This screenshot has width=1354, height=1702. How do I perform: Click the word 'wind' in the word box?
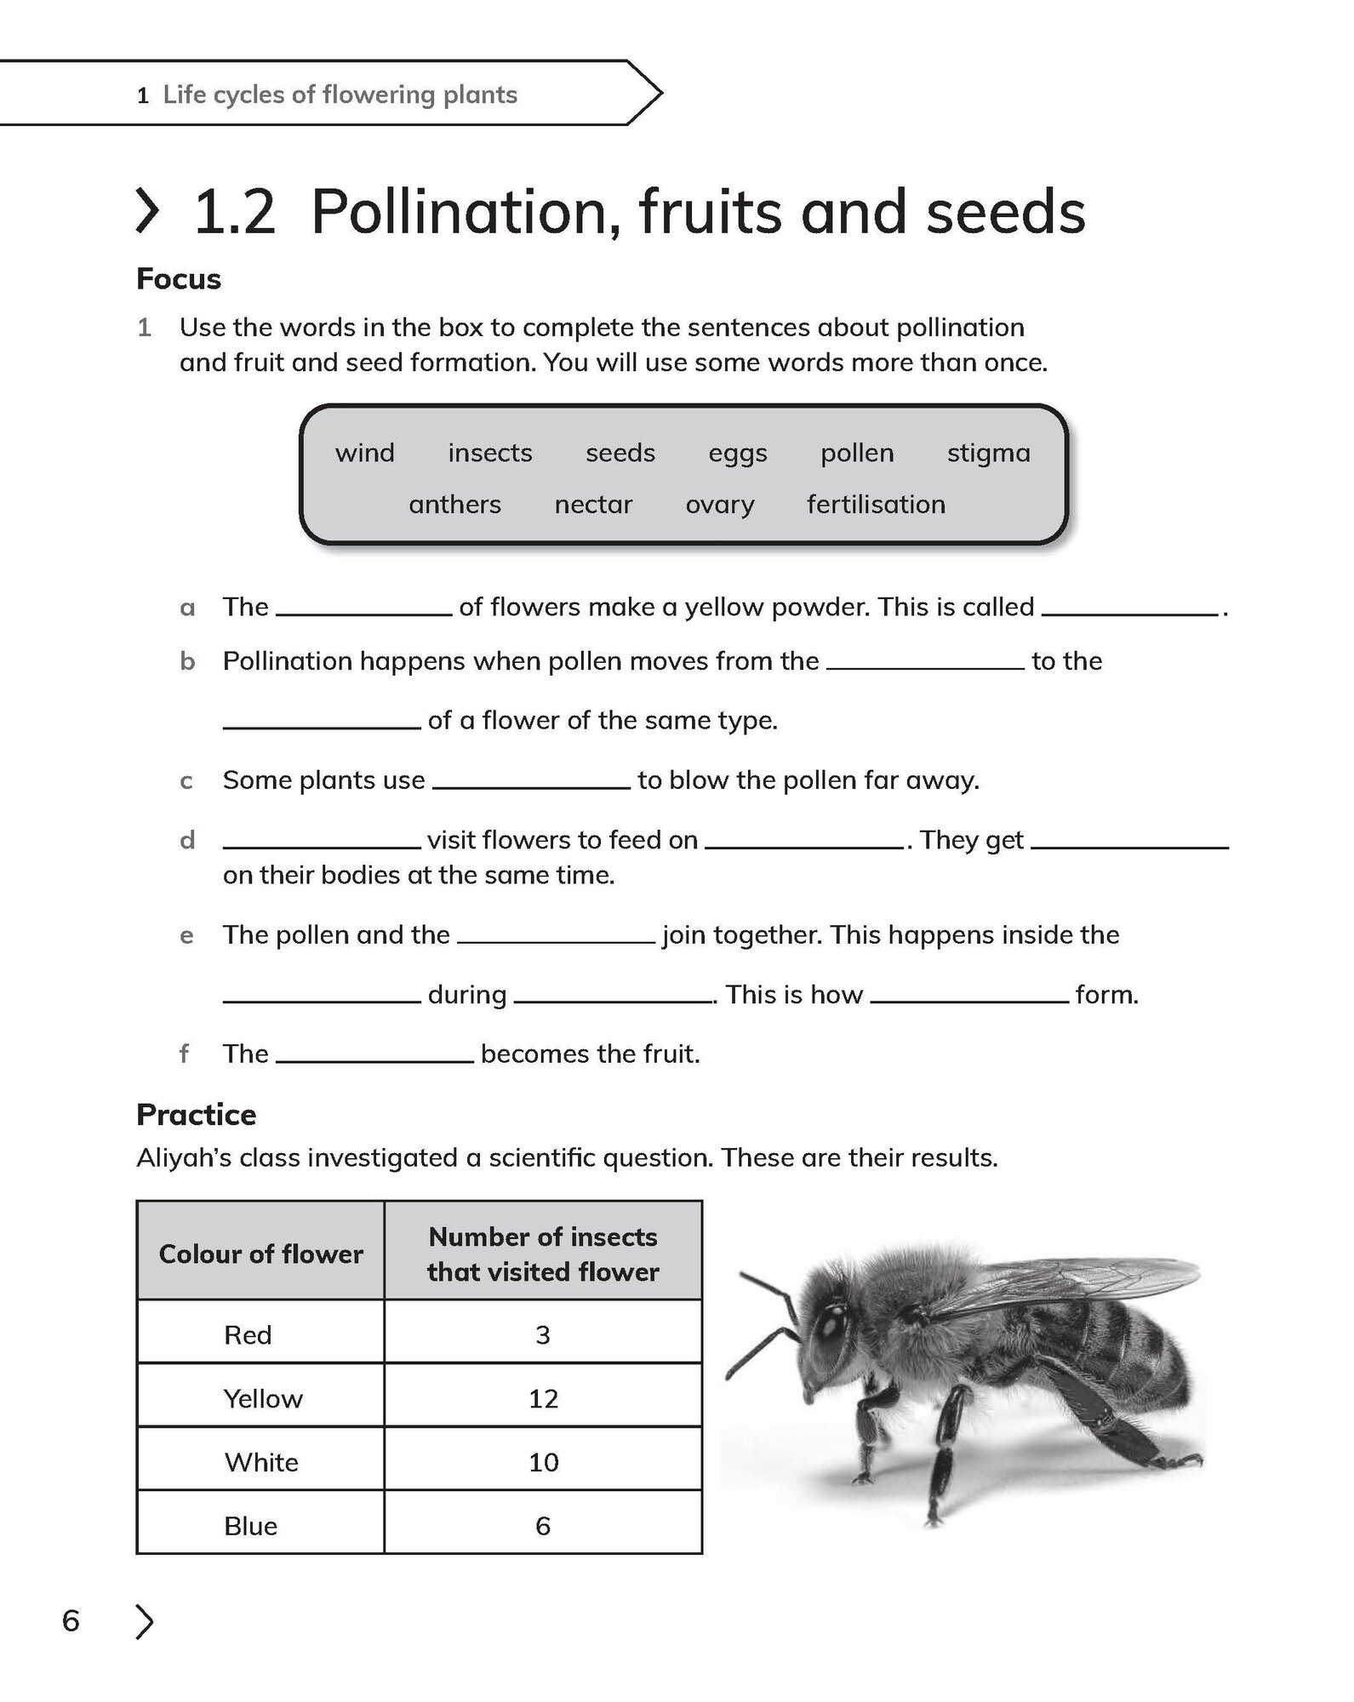[x=364, y=453]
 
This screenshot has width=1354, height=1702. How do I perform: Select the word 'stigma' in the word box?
[x=988, y=453]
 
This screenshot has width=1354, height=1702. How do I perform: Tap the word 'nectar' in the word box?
[x=593, y=505]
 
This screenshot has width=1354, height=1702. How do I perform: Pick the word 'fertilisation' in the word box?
[x=876, y=505]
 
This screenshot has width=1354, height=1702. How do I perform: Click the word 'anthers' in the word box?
[x=454, y=505]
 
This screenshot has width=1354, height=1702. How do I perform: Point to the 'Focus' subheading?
[x=179, y=279]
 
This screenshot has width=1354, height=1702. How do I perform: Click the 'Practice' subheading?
[x=196, y=1114]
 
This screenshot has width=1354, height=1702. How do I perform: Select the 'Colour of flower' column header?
[x=260, y=1254]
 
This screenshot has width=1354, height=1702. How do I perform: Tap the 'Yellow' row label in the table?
[x=263, y=1398]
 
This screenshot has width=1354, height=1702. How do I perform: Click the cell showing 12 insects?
[x=543, y=1398]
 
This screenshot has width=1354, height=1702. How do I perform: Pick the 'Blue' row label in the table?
[x=250, y=1526]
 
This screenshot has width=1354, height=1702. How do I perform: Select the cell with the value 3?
[x=543, y=1334]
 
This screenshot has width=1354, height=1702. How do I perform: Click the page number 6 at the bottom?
[x=71, y=1620]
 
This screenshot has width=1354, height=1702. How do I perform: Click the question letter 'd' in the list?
[x=187, y=840]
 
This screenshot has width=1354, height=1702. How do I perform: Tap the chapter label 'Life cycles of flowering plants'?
[x=340, y=94]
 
